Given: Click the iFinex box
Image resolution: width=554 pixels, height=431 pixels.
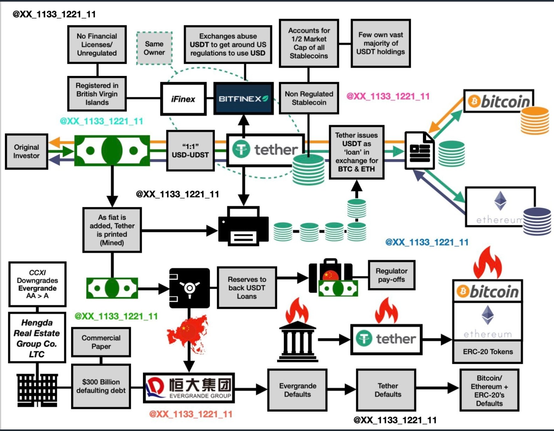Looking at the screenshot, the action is tap(183, 99).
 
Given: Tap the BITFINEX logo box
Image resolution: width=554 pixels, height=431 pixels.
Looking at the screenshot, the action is tap(244, 99).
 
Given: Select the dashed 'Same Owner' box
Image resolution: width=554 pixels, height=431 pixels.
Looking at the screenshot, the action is tap(154, 48).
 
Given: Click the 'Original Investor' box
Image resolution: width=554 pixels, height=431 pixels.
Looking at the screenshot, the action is tap(26, 151).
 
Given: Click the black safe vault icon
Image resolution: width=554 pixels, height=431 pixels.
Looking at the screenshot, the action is tap(189, 288).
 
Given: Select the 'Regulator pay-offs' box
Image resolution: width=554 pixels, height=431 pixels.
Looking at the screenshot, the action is tap(392, 275).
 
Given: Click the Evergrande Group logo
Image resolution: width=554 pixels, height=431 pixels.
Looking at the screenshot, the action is tap(189, 388).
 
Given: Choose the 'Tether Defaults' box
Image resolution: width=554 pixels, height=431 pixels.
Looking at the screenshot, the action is tap(388, 390).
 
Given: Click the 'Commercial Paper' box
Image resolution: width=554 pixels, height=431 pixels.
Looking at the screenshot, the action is tap(101, 342).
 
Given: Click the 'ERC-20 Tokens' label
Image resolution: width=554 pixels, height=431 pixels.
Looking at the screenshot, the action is tap(488, 352).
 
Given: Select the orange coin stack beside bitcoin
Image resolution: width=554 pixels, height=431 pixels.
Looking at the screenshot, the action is tap(535, 121).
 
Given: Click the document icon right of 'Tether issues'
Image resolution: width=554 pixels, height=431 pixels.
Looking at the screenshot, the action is tap(419, 151).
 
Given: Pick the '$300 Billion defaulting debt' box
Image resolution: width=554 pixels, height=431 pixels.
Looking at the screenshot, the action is tap(101, 386).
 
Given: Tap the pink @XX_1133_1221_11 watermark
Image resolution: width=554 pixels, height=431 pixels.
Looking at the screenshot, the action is tap(388, 96).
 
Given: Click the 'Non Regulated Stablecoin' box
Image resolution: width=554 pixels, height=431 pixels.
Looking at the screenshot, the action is tap(309, 98).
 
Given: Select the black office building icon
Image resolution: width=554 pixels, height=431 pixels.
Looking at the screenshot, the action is tap(37, 390).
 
